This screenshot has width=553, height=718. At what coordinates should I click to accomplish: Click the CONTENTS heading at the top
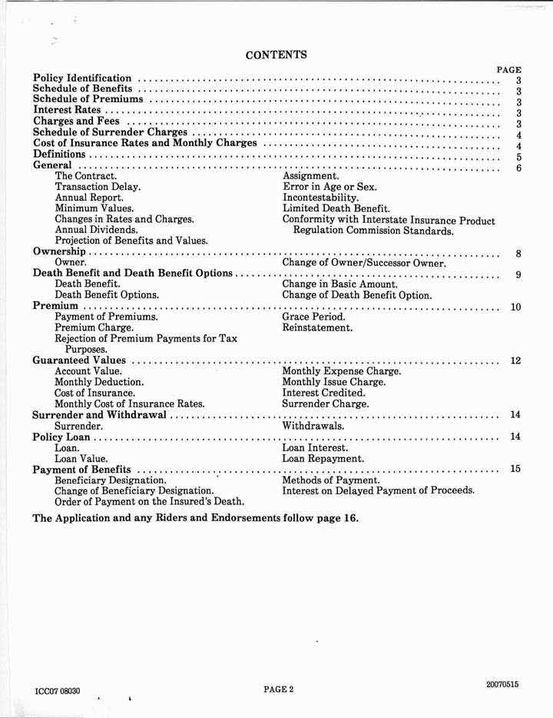point(276,55)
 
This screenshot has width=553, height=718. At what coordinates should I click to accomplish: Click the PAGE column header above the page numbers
point(509,69)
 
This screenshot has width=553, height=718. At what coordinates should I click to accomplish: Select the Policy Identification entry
point(83,78)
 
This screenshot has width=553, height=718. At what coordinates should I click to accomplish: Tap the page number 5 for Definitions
point(519,157)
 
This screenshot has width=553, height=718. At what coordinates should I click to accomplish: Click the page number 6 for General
point(519,168)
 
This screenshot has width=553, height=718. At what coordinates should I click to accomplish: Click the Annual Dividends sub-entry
point(97,230)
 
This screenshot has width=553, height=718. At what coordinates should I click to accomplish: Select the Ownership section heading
point(59,252)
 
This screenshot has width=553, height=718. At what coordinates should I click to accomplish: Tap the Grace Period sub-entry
point(313,317)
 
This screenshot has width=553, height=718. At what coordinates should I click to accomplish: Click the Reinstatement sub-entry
point(317,328)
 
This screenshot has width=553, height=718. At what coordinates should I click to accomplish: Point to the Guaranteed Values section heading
point(80,361)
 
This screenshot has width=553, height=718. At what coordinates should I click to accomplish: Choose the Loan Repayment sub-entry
point(323,459)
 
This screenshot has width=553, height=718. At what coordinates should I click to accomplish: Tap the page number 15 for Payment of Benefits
point(516,469)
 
